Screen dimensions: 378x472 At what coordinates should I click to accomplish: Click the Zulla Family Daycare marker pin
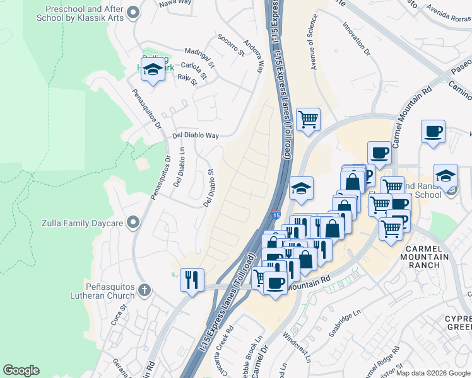[x=133, y=222]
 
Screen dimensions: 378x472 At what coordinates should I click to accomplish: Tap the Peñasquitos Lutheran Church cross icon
[x=144, y=290]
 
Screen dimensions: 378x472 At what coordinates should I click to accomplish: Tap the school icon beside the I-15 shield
[x=302, y=189]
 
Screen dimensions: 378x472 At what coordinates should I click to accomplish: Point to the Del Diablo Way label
[x=196, y=135]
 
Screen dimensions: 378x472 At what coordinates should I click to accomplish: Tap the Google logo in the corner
[x=21, y=370]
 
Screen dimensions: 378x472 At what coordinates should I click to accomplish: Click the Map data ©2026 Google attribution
[x=433, y=373]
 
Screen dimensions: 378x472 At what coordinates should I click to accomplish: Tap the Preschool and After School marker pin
[x=133, y=12]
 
